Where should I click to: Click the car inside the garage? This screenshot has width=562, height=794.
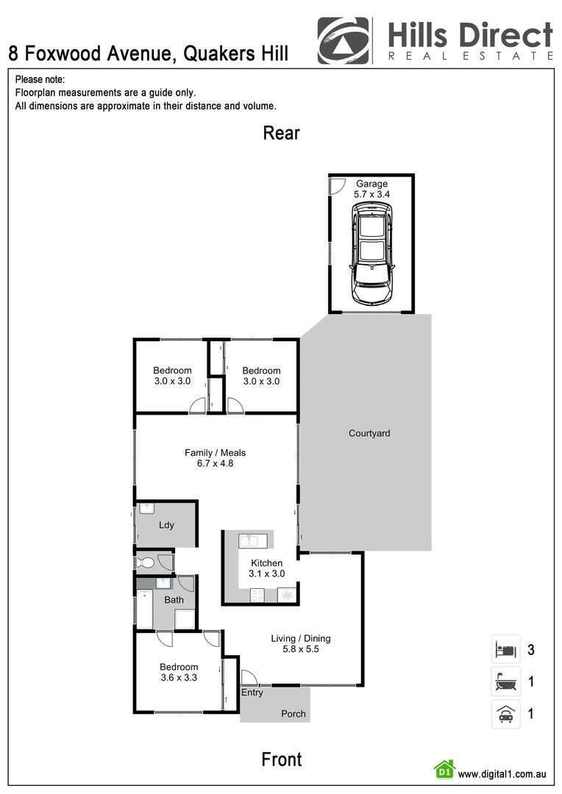[x=372, y=254]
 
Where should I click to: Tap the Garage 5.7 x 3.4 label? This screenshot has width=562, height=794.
[x=371, y=189]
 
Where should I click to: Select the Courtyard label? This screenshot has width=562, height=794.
[x=369, y=433]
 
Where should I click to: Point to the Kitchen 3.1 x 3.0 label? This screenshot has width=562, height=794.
[x=266, y=568]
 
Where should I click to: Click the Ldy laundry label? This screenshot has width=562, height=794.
[x=166, y=525]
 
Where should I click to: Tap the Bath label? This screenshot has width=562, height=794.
[x=174, y=600]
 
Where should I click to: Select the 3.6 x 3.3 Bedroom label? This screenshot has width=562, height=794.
[x=179, y=673]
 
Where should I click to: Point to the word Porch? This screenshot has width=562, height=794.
[x=294, y=714]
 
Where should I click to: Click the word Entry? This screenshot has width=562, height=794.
[x=252, y=693]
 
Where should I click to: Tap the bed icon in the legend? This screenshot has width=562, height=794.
[x=505, y=650]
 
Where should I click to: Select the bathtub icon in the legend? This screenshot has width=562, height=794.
[x=505, y=682]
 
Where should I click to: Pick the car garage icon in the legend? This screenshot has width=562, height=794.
[x=505, y=713]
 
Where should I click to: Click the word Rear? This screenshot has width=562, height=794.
[x=282, y=133]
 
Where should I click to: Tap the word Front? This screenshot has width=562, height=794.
[x=282, y=759]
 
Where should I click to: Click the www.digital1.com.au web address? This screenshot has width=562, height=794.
[x=502, y=774]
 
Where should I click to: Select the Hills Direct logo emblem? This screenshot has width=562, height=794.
[x=344, y=41]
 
